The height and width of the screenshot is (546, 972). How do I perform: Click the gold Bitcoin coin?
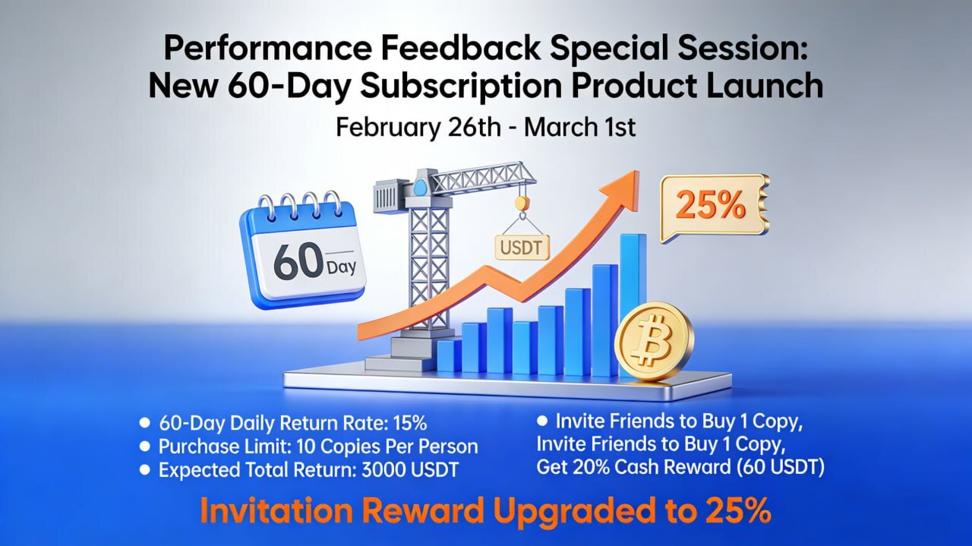coord(654,342)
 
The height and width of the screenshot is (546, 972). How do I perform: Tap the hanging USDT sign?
coord(522,248)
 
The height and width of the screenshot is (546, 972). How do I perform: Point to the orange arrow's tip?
coord(639,171)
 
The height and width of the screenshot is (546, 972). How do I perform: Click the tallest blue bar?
coord(633,304)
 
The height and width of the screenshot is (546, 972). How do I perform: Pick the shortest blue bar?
coord(449,356)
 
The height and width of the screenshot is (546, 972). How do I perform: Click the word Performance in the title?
coord(268,48)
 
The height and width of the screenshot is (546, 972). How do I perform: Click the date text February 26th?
coord(418,128)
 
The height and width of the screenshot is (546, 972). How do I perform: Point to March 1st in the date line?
coord(579,127)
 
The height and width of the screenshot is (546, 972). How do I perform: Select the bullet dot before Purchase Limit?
coord(145,447)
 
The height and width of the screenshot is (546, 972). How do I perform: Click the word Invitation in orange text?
coord(276,511)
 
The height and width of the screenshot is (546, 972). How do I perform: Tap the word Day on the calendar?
coord(341,267)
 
